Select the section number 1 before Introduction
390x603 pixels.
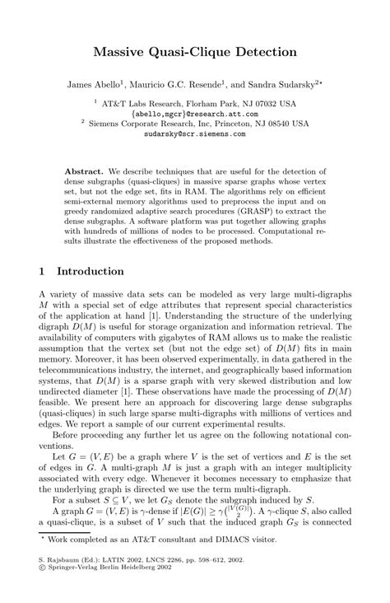[x=42, y=271]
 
